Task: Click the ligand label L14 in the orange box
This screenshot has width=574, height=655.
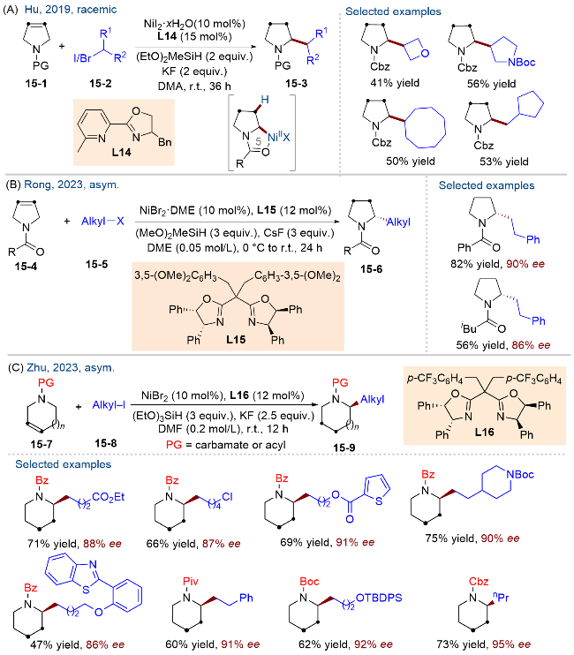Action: (x=121, y=153)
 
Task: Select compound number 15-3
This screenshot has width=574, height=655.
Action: (x=296, y=84)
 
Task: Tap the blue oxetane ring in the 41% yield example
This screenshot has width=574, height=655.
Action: (x=416, y=49)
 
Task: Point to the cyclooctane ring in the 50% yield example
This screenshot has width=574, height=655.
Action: (x=425, y=127)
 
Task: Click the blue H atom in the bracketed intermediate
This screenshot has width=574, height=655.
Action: (x=264, y=100)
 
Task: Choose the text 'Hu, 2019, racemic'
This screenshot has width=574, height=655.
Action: (x=71, y=9)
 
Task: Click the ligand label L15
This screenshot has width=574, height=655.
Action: (x=236, y=340)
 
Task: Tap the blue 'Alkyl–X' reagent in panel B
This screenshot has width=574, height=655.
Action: (x=102, y=221)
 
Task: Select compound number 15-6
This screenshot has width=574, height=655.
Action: (x=372, y=269)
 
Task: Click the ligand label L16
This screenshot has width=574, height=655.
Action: (x=485, y=432)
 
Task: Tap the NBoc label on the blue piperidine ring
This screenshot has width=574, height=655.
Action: (x=520, y=474)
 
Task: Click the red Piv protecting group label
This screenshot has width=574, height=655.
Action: (x=191, y=581)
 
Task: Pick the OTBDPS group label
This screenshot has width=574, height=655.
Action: (x=379, y=598)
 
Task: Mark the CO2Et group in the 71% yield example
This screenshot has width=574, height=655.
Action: (x=109, y=497)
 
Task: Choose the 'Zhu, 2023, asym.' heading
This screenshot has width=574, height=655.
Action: (x=71, y=367)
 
